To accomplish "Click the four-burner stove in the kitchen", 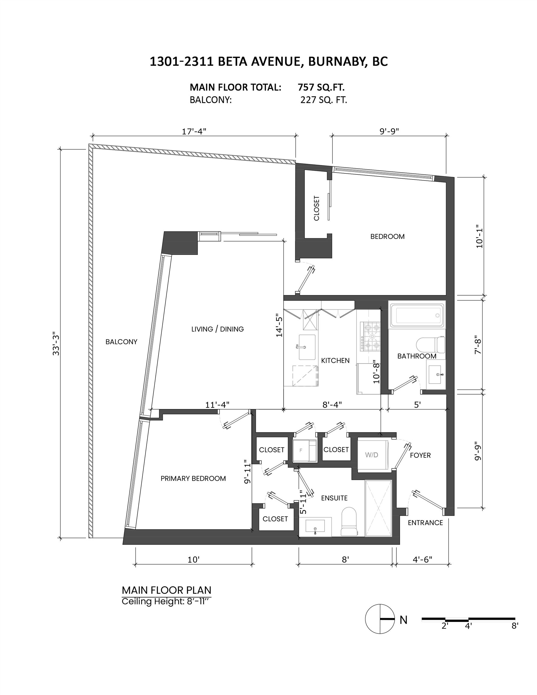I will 370,336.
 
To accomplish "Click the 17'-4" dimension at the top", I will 194,132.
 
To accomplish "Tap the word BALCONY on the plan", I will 121,342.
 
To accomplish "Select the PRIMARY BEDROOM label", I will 193,478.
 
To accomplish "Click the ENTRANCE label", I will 425,522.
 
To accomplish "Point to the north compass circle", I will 380,619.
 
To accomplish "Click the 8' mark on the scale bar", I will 515,626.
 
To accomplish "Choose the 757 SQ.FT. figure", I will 321,87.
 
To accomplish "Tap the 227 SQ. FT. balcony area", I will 323,100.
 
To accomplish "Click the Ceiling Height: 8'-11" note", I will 167,601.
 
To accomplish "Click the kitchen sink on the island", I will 307,347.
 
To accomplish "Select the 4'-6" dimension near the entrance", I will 422,559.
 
